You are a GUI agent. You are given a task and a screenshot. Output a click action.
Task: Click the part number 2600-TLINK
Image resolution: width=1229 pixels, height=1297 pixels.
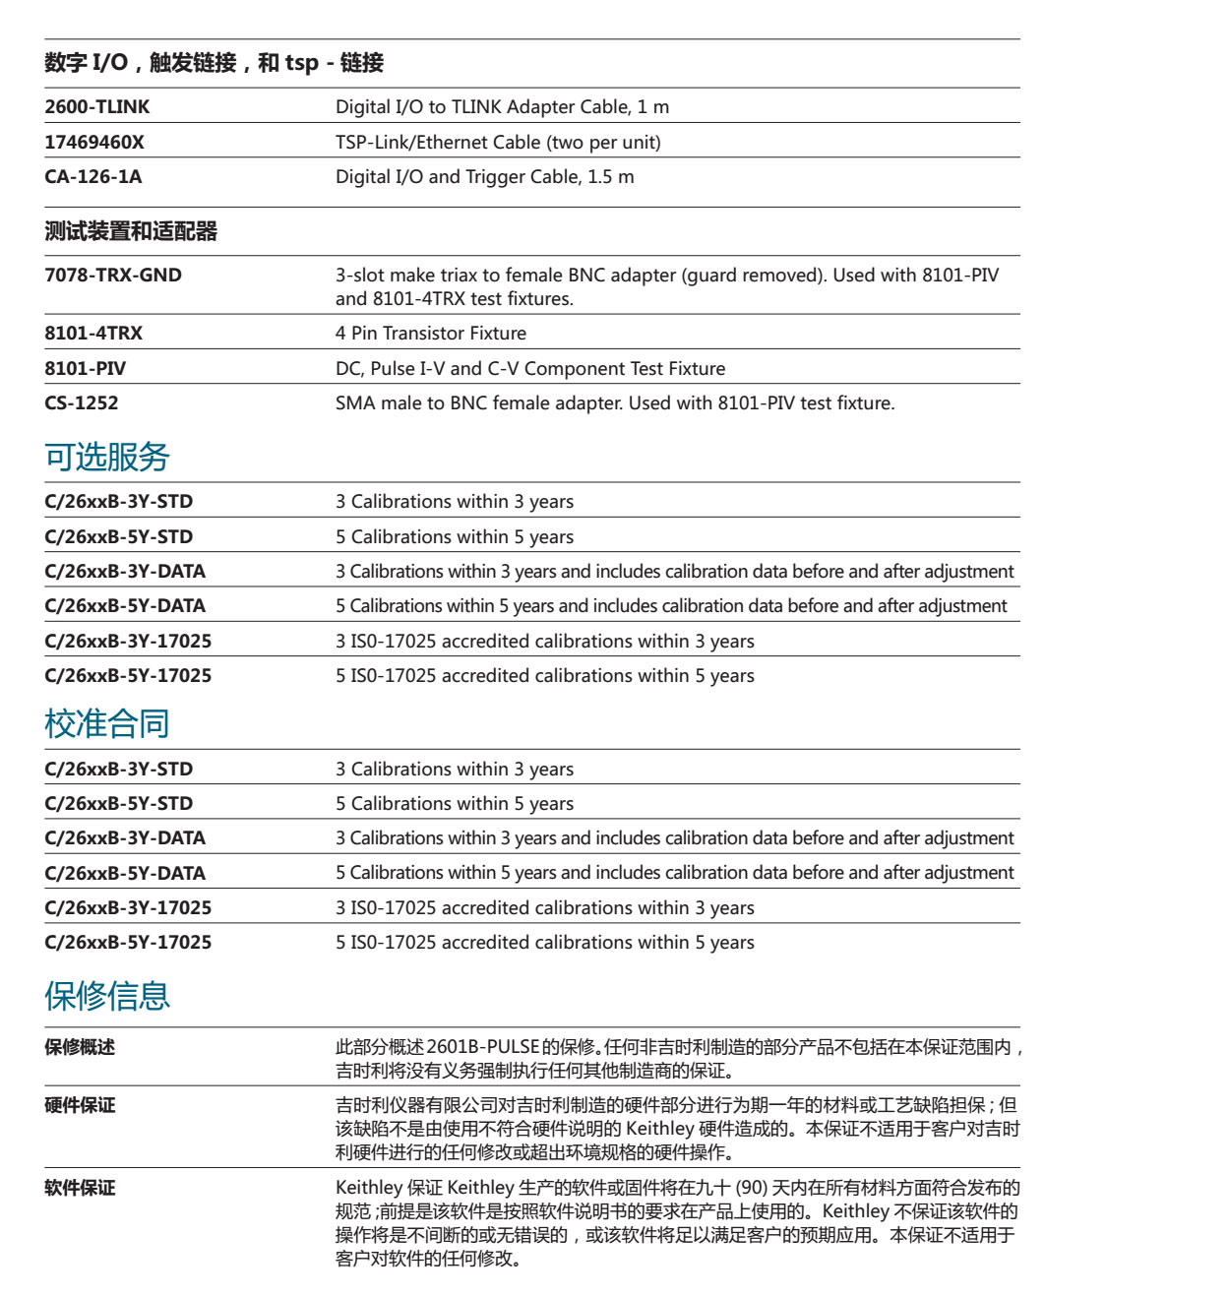point(97,107)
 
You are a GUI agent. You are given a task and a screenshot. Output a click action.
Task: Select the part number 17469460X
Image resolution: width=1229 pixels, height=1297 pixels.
point(94,143)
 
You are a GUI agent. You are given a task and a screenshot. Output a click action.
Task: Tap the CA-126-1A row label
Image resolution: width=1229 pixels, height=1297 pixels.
point(93,177)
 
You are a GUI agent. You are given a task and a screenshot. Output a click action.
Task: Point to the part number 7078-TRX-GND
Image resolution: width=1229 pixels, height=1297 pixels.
point(113,276)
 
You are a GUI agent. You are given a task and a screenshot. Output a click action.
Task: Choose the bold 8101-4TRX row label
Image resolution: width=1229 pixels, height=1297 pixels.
point(93,334)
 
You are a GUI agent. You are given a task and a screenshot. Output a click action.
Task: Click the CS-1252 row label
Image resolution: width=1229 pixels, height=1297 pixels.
point(82,403)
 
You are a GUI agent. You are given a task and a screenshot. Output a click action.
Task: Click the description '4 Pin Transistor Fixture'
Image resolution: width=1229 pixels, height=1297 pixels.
point(431,334)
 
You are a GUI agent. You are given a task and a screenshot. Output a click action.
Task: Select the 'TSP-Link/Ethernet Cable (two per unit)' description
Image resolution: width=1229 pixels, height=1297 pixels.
point(498,143)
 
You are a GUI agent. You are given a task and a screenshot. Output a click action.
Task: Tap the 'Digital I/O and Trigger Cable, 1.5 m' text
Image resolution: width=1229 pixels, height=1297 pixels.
point(484,177)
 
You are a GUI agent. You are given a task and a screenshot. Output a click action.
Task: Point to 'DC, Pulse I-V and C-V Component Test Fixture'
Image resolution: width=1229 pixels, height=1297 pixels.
point(530,369)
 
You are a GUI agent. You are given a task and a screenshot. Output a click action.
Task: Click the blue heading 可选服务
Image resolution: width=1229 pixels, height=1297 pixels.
point(107,457)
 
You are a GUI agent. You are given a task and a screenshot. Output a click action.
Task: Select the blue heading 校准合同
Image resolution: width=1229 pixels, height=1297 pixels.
point(107,723)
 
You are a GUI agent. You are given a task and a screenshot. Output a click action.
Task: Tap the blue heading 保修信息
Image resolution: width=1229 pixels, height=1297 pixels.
point(107,996)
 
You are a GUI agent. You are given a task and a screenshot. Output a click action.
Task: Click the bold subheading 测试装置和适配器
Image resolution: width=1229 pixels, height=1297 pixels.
point(131,232)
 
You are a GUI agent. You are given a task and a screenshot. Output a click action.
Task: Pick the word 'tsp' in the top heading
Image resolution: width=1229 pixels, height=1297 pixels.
point(302,63)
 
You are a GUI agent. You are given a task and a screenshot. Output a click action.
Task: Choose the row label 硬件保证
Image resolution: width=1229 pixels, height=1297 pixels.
point(80,1106)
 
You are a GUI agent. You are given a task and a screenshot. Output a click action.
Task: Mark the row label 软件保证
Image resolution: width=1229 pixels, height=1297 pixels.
point(80,1189)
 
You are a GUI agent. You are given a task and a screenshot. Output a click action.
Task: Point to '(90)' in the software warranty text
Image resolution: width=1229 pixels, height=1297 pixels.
point(752,1189)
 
